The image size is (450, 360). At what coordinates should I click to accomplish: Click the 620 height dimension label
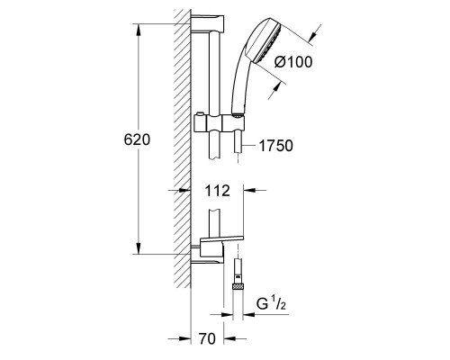pyautogui.click(x=137, y=139)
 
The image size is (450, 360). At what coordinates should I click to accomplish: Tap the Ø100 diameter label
pyautogui.click(x=293, y=62)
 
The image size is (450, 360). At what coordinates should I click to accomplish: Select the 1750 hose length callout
pyautogui.click(x=275, y=146)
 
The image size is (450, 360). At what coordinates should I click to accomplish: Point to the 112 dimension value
pyautogui.click(x=217, y=191)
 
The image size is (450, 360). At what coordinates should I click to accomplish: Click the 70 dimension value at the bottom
pyautogui.click(x=207, y=339)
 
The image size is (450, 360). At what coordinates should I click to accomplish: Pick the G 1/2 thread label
pyautogui.click(x=271, y=304)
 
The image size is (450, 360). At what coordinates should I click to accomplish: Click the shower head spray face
pyautogui.click(x=267, y=44)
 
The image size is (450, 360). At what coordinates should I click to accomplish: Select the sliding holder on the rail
pyautogui.click(x=220, y=123)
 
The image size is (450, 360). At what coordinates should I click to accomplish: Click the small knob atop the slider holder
pyautogui.click(x=199, y=114)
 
